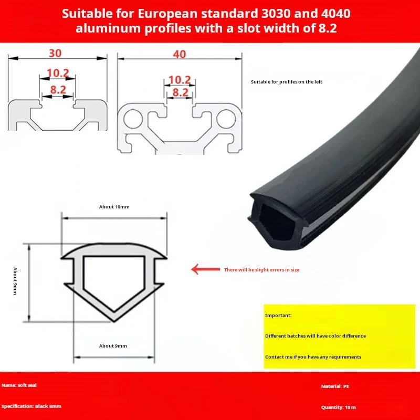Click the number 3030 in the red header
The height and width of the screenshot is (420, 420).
pyautogui.click(x=276, y=14)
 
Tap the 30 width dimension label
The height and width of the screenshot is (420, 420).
pyautogui.click(x=55, y=54)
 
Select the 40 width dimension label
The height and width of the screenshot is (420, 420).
pyautogui.click(x=179, y=55)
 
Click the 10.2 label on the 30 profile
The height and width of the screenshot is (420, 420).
pyautogui.click(x=58, y=73)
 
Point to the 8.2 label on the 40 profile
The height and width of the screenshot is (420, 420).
pyautogui.click(x=180, y=92)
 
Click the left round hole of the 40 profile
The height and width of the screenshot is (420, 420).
pyautogui.click(x=133, y=119)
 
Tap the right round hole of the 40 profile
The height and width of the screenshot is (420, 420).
pyautogui.click(x=226, y=119)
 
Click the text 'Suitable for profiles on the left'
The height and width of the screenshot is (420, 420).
pyautogui.click(x=286, y=82)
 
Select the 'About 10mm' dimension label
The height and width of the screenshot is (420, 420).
pyautogui.click(x=114, y=207)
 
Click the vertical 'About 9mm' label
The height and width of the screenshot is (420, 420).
pyautogui.click(x=15, y=281)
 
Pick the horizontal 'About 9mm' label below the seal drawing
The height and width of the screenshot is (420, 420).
pyautogui.click(x=113, y=346)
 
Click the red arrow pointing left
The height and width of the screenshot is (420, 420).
pyautogui.click(x=205, y=269)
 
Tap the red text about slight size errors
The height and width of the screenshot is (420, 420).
pyautogui.click(x=261, y=270)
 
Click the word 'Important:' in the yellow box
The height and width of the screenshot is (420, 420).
pyautogui.click(x=278, y=316)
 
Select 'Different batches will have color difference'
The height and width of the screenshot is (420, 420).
pyautogui.click(x=316, y=336)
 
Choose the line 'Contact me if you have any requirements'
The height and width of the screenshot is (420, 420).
pyautogui.click(x=313, y=357)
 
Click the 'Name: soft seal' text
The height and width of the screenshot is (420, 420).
pyautogui.click(x=19, y=385)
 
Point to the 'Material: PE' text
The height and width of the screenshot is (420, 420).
pyautogui.click(x=335, y=386)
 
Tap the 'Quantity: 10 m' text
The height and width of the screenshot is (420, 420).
pyautogui.click(x=338, y=407)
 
